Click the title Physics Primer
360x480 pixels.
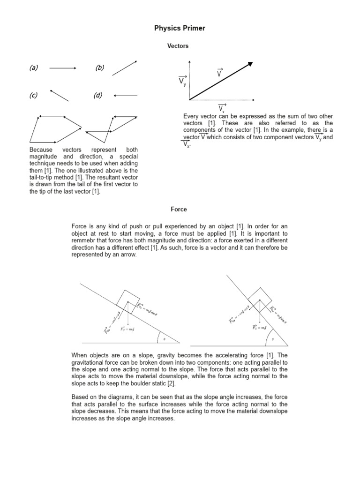click(180, 29)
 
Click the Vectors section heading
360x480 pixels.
click(178, 46)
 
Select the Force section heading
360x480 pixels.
click(180, 210)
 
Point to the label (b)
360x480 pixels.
click(99, 68)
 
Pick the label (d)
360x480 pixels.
click(97, 96)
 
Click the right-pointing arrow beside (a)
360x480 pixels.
click(63, 68)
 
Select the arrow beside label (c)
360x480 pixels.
click(59, 95)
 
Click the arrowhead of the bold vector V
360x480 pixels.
click(250, 64)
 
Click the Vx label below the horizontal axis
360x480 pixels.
click(222, 109)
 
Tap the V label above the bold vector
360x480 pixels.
click(219, 73)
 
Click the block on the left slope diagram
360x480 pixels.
click(128, 301)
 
